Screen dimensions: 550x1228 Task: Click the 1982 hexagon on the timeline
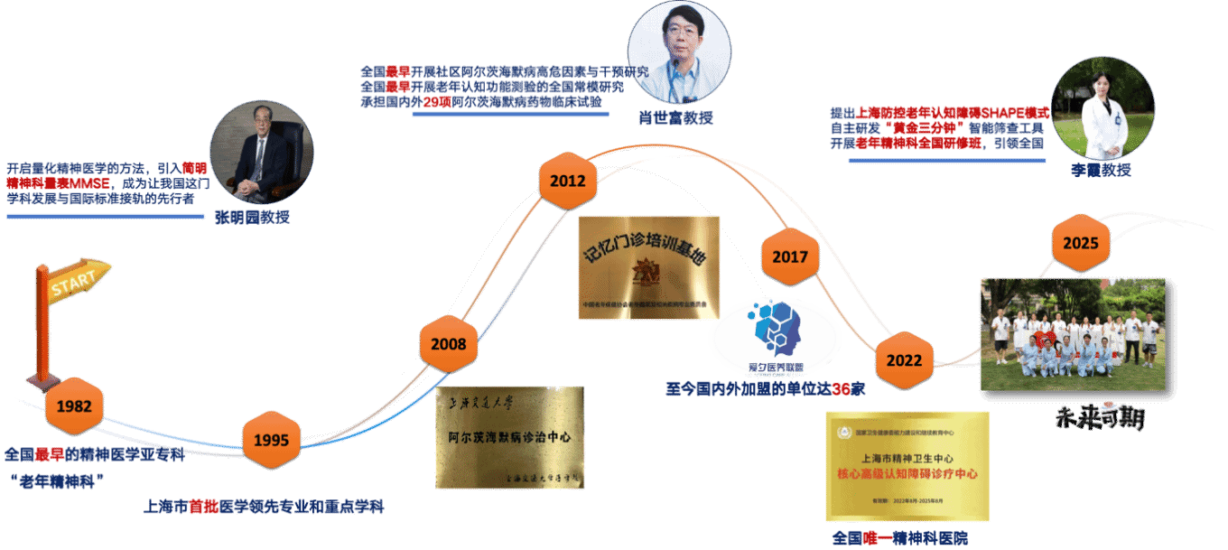(x=74, y=406)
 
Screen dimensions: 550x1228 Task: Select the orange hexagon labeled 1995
(x=271, y=440)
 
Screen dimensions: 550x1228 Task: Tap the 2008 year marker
(x=449, y=344)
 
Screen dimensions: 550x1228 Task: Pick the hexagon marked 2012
(x=568, y=182)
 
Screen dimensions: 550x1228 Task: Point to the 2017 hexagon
(x=790, y=257)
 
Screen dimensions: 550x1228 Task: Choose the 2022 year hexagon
(x=904, y=360)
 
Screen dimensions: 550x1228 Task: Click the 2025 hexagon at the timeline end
(x=1081, y=244)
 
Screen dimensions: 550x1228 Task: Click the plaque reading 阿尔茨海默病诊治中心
(x=510, y=437)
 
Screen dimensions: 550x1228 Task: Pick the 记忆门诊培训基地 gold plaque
(x=649, y=267)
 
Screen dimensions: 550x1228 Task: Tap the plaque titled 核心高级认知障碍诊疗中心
(x=907, y=466)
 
